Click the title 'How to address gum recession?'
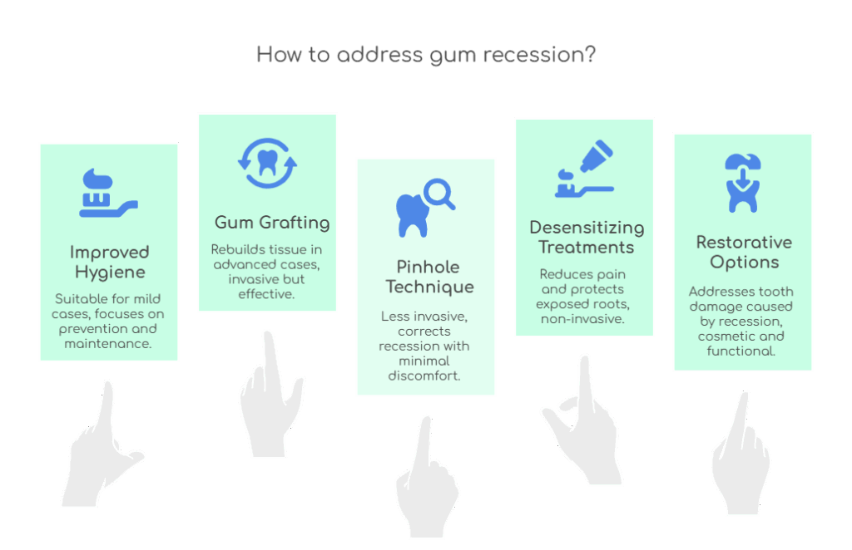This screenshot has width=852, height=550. coord(425,56)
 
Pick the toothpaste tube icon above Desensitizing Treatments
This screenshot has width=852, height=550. coord(584,170)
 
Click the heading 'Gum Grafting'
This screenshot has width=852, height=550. coord(272,223)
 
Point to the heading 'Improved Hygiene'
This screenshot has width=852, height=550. coord(109,262)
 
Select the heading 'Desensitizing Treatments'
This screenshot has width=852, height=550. coord(587,237)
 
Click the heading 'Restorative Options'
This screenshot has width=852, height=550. coord(744,252)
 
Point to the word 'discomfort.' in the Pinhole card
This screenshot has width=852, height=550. coord(424,376)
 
